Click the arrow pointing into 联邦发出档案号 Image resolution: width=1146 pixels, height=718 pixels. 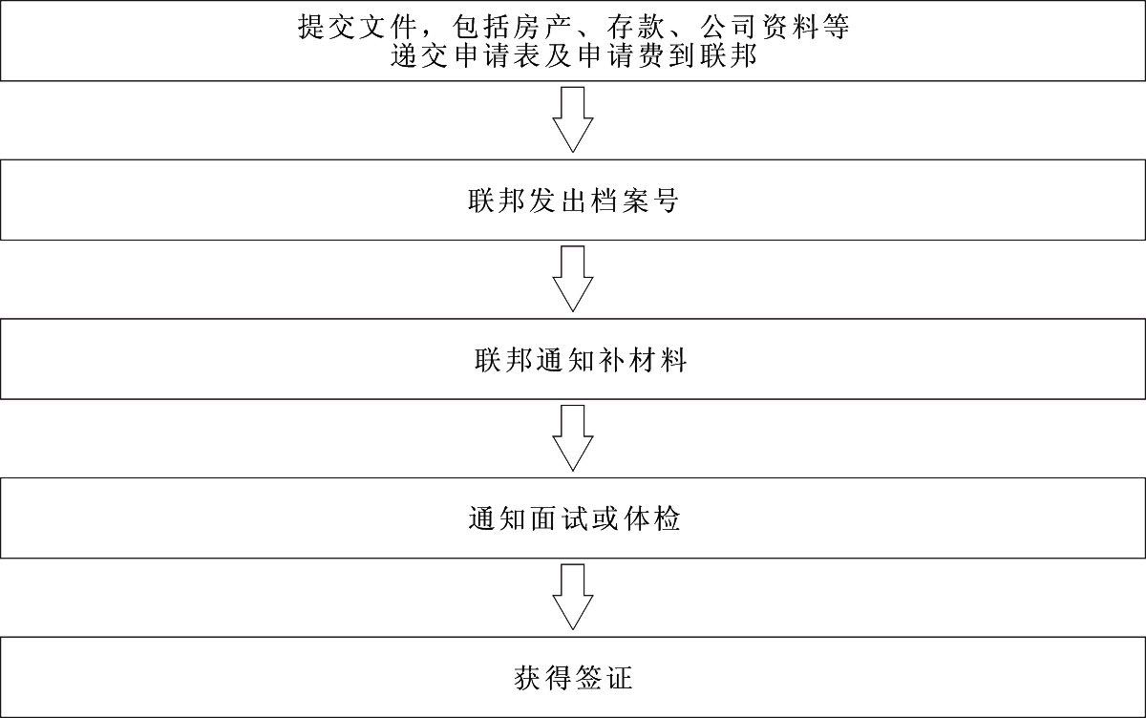(x=573, y=119)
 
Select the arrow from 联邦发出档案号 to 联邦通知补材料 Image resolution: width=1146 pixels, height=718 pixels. (x=573, y=279)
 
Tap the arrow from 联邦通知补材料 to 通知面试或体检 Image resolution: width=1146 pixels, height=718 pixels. (x=573, y=437)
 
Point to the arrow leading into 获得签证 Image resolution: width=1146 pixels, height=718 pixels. (x=573, y=597)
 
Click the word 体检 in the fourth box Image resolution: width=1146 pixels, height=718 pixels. (x=648, y=520)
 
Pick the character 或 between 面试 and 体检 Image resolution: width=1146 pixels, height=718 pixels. (x=604, y=520)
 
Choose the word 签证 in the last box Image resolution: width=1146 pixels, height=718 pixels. (x=604, y=680)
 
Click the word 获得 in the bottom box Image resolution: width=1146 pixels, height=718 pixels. (x=544, y=680)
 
